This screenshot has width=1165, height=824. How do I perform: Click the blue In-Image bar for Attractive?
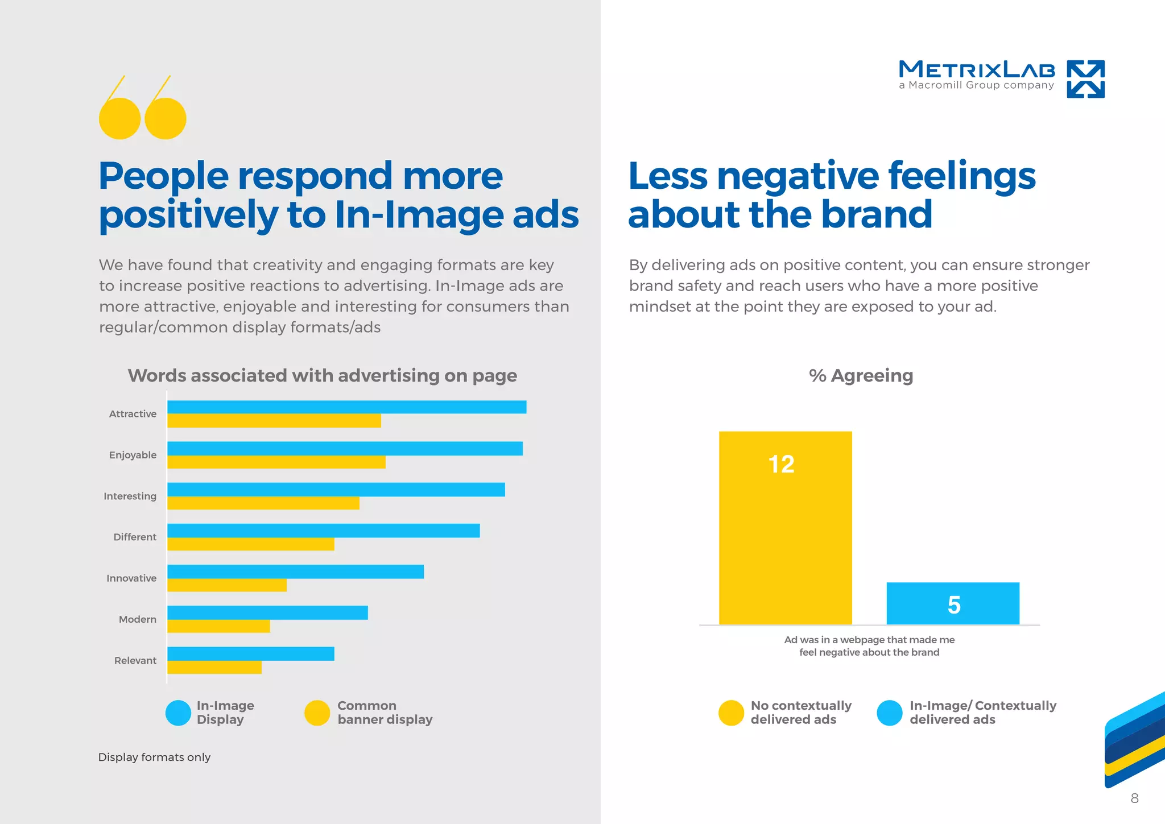[x=346, y=407]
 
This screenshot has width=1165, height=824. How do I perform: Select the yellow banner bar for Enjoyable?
[x=276, y=462]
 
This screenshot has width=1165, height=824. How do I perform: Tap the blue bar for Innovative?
[x=295, y=572]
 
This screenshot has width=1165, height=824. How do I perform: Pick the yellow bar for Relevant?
[x=214, y=668]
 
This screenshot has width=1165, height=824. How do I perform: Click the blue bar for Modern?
[x=267, y=612]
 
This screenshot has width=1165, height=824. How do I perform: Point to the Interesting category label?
[x=130, y=496]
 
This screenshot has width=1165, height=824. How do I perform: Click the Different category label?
[x=135, y=537]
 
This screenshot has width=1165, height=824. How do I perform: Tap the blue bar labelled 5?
[x=953, y=603]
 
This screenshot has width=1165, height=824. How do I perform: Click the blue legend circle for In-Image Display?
[x=178, y=713]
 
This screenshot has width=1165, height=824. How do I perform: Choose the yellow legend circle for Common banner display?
[x=317, y=713]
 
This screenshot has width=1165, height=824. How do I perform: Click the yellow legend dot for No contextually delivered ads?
[x=731, y=713]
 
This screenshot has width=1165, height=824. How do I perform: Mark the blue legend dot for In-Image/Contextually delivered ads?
[x=890, y=713]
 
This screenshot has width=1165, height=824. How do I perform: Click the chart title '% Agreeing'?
[x=861, y=376]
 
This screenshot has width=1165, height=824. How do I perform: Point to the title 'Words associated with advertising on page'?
[x=322, y=376]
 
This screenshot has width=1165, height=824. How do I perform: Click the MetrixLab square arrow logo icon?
[x=1085, y=79]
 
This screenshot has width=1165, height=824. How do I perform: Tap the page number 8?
[x=1134, y=798]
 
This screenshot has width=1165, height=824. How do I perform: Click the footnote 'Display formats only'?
[x=154, y=757]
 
